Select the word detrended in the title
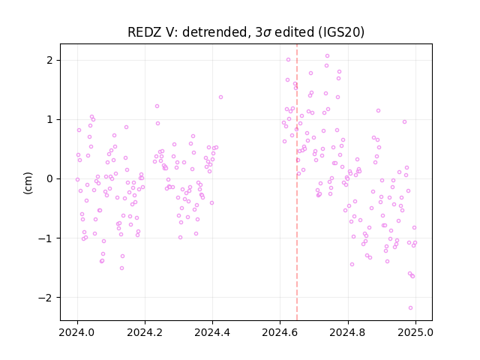tap(214, 32)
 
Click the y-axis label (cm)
tap(28, 183)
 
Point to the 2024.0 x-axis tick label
tap(77, 332)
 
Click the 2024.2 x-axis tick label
tap(145, 332)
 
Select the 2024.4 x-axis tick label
tap(212, 332)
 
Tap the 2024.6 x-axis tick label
tap(280, 332)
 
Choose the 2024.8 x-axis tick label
tap(348, 332)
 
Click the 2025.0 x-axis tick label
tap(415, 332)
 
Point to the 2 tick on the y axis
tap(49, 60)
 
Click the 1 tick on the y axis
tap(49, 119)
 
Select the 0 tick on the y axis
tap(49, 178)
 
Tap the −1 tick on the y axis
tap(46, 238)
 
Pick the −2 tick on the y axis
tap(46, 297)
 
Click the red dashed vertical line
tap(297, 182)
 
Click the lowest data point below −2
tap(410, 307)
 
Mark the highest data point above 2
tap(327, 55)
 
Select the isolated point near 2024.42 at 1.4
tap(220, 97)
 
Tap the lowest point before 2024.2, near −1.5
tap(121, 268)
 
